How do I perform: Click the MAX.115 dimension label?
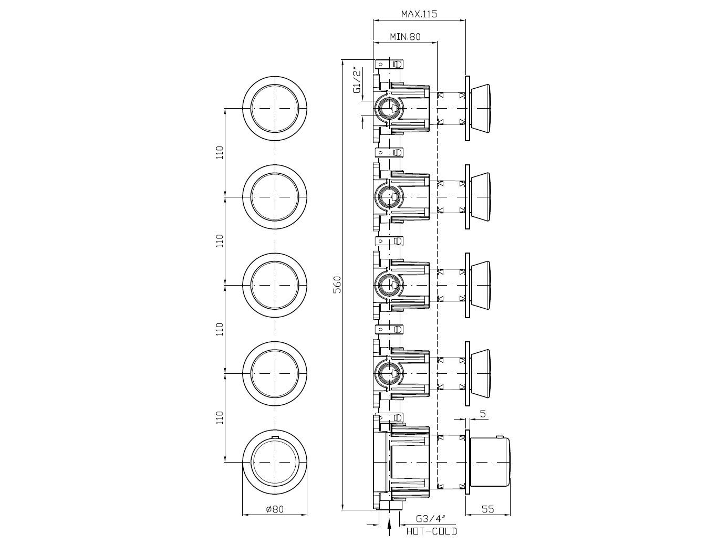pos(419,14)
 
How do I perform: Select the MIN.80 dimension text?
pos(404,37)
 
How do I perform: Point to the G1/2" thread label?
pos(357,80)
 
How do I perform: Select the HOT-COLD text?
pos(432,531)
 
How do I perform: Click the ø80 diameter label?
pos(275,509)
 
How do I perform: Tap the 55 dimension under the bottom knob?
pos(488,509)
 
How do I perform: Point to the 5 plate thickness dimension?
pos(483,414)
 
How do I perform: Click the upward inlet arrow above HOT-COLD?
pos(389,525)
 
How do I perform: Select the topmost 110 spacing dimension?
pos(220,152)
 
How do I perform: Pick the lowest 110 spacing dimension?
pos(220,418)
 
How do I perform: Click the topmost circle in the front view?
pos(275,108)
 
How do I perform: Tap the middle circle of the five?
pos(275,285)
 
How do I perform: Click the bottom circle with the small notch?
pos(275,462)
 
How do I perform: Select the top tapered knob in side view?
pos(480,108)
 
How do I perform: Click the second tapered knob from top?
pos(480,196)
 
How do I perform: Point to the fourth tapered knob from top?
pos(480,373)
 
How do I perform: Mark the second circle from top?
pos(275,196)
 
